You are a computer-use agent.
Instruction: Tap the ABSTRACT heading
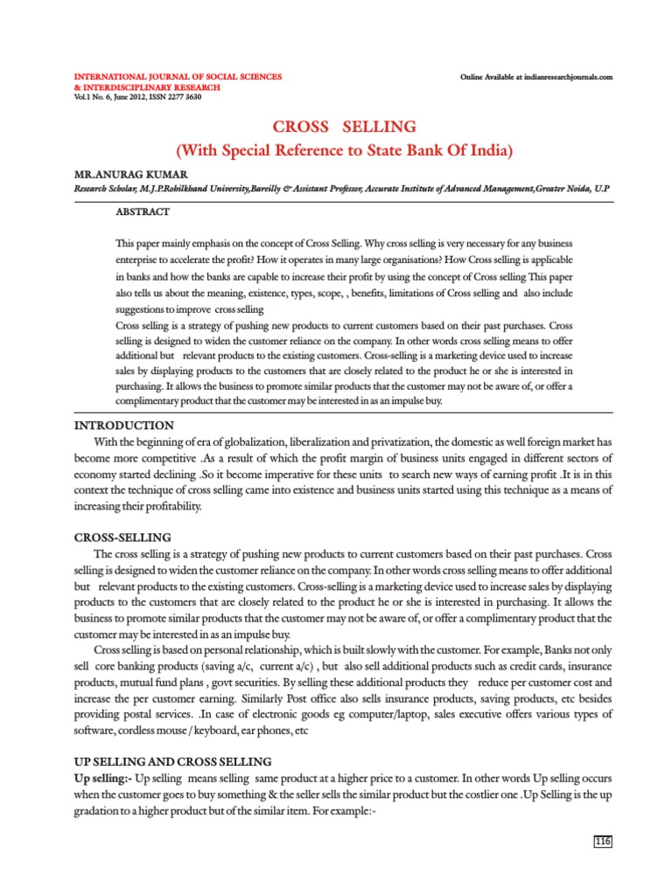coord(143,212)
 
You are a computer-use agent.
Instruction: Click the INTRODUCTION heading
coord(123,425)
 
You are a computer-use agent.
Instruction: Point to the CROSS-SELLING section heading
coord(122,537)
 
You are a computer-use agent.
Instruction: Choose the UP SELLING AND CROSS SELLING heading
coord(172,762)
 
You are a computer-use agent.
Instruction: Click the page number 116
coord(603,841)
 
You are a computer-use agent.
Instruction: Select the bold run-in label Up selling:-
coord(103,778)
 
